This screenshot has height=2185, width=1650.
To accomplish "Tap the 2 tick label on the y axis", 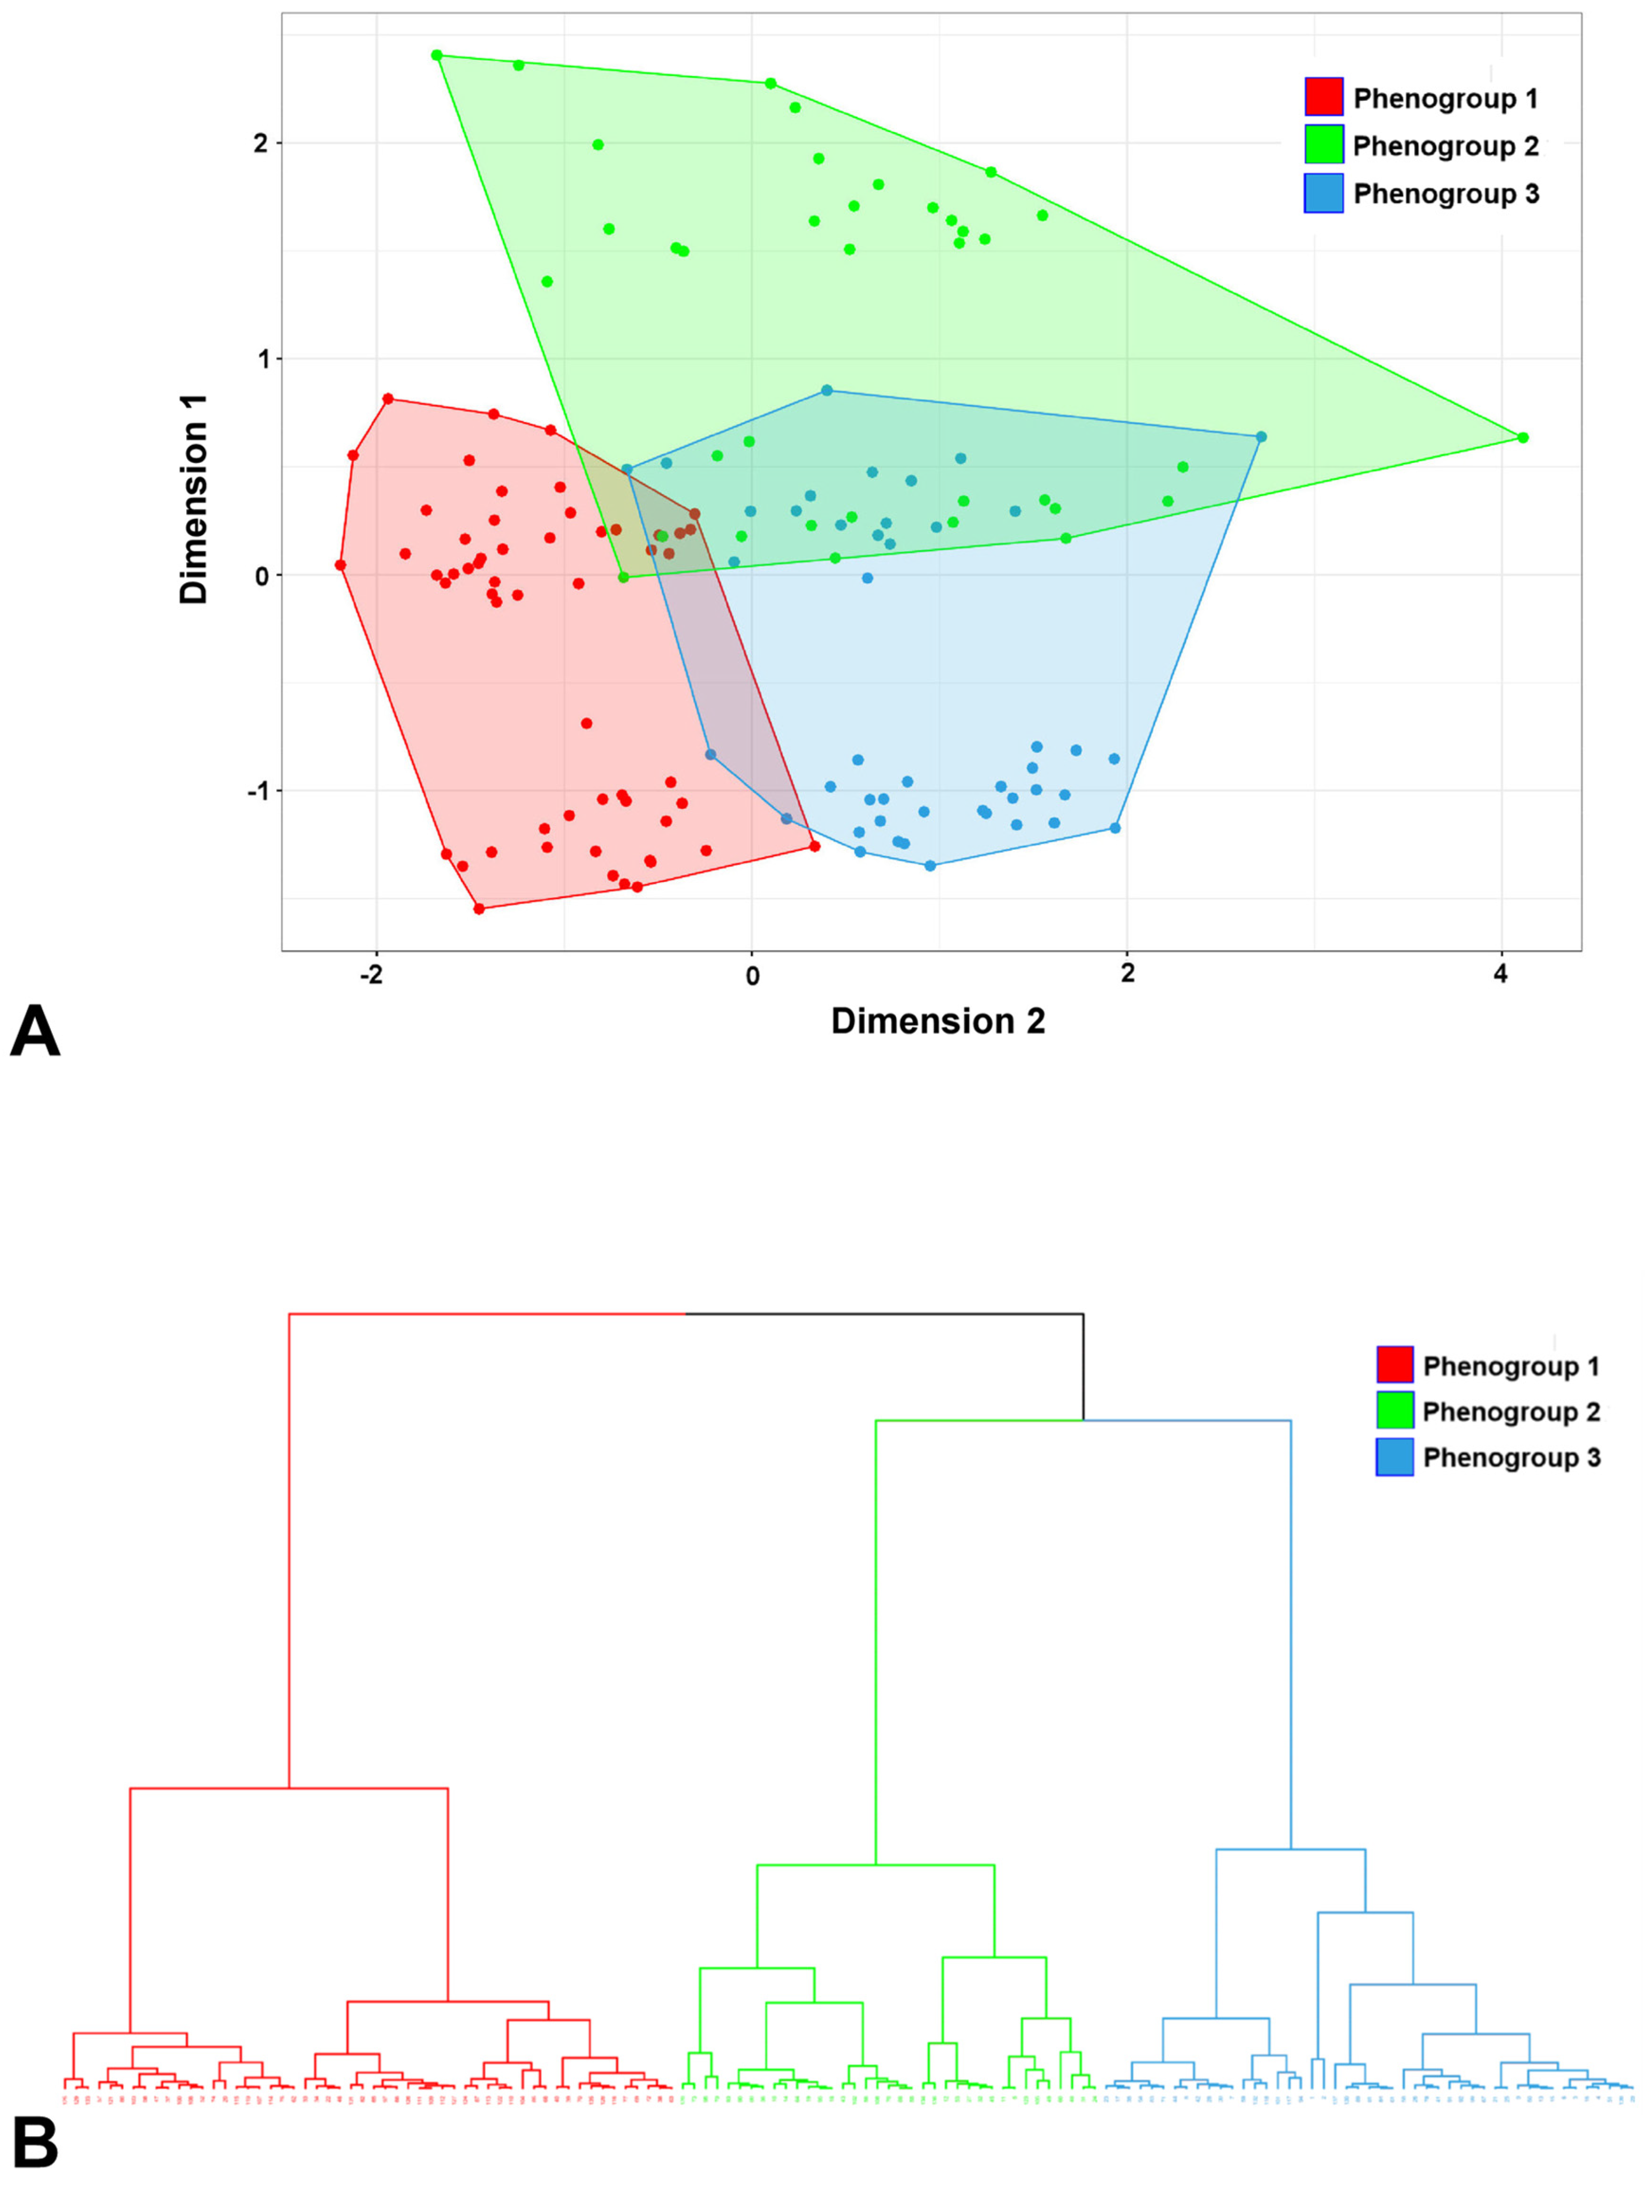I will pos(261,143).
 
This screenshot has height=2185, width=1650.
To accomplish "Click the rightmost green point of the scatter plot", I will pos(1523,438).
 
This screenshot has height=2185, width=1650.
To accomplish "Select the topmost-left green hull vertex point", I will pos(436,55).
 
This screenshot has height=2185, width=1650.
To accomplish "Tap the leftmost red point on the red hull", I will pos(340,565).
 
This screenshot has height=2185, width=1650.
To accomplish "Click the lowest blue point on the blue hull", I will pos(929,865).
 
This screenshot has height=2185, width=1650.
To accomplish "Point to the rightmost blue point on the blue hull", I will pos(1261,437).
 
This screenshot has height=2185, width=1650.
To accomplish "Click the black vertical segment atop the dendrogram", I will pos(1083,1366).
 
